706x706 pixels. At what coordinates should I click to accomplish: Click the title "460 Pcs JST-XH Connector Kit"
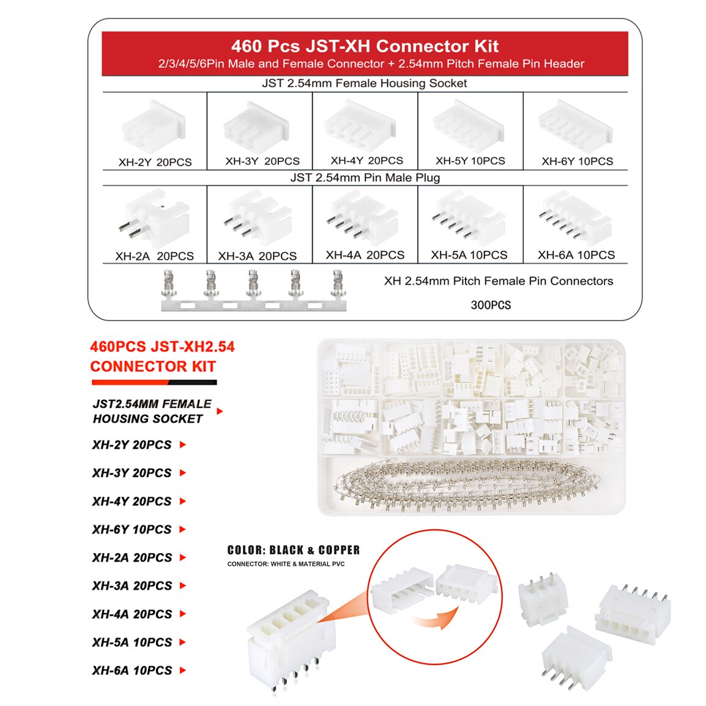tap(365, 46)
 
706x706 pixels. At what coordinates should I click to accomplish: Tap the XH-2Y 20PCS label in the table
tap(155, 162)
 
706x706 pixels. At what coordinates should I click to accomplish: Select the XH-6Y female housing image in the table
tap(574, 127)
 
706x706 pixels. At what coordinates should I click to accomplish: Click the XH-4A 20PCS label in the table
tap(365, 255)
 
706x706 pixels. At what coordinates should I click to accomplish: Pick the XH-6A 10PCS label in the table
tap(576, 255)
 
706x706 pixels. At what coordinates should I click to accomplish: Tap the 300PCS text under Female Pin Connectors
tap(491, 305)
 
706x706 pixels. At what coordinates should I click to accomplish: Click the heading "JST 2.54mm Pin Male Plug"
tap(365, 177)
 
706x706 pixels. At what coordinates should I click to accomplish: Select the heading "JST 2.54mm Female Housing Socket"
tap(365, 83)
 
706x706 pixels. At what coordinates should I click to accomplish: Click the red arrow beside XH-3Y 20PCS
tap(182, 473)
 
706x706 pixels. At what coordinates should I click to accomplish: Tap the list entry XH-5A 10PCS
tap(132, 642)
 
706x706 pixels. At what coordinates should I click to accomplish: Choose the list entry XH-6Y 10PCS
tap(132, 529)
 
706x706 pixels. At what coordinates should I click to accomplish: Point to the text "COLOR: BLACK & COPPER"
tap(294, 550)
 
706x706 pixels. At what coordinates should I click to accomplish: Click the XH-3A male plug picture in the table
tap(258, 218)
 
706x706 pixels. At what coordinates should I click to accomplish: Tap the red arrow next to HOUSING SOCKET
tap(220, 411)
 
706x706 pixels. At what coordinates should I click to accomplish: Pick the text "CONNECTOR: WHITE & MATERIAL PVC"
tap(286, 564)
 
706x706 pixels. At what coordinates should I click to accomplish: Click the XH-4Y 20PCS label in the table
tap(366, 161)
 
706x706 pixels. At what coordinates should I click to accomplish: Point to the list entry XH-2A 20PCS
tap(132, 557)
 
